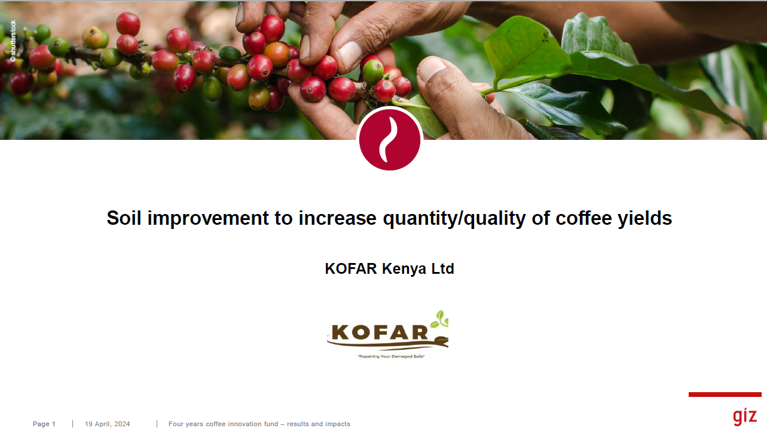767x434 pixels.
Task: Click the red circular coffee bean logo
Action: (390, 140)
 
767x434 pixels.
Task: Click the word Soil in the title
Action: (124, 218)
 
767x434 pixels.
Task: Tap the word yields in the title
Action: (645, 219)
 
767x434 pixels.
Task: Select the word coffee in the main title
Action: (583, 218)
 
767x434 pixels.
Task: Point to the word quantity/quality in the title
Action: (454, 219)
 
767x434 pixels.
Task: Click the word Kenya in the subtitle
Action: (404, 269)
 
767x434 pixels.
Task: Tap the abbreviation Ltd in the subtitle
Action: (443, 268)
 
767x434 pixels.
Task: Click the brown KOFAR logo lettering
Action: (380, 332)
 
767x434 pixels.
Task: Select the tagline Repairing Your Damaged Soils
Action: (391, 356)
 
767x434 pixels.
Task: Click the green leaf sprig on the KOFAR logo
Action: (440, 319)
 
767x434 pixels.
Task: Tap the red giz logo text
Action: (745, 416)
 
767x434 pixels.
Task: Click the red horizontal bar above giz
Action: (725, 395)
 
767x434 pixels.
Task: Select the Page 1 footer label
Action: (44, 424)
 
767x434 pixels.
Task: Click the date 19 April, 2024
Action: (108, 424)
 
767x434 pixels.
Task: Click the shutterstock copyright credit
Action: (13, 41)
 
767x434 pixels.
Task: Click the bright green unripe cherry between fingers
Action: (373, 72)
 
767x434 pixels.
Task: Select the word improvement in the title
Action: (208, 219)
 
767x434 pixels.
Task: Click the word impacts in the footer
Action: (337, 424)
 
